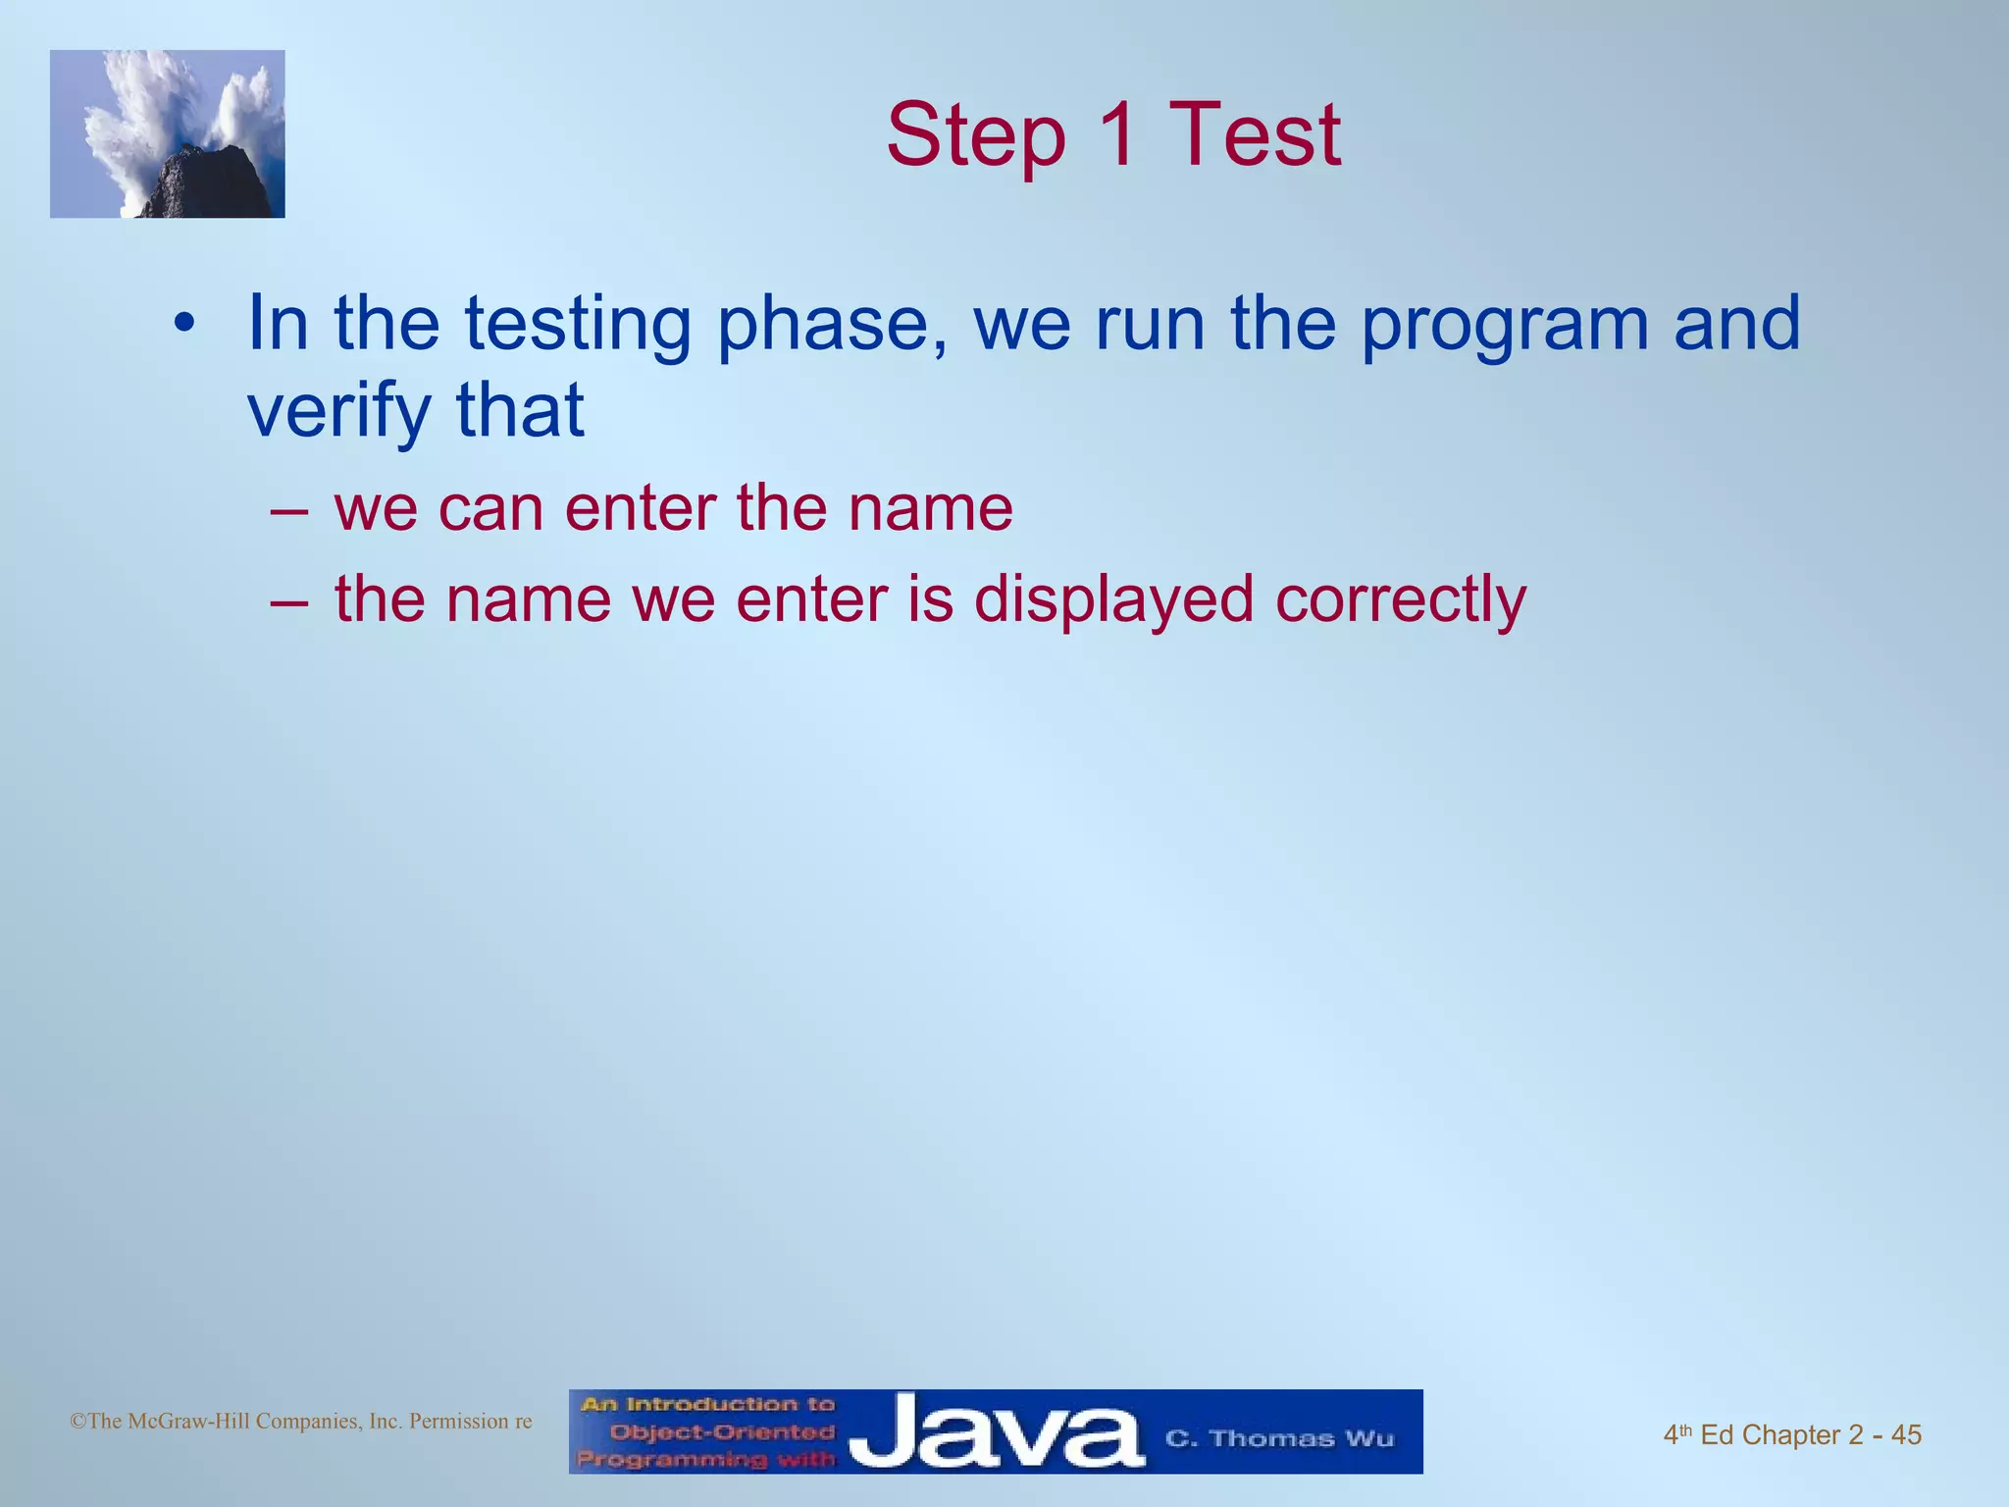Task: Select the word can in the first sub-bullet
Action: click(x=489, y=508)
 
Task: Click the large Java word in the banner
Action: click(x=996, y=1433)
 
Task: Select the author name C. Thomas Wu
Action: click(x=1278, y=1438)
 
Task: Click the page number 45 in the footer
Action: click(x=1906, y=1434)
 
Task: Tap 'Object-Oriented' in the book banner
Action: click(x=721, y=1431)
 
